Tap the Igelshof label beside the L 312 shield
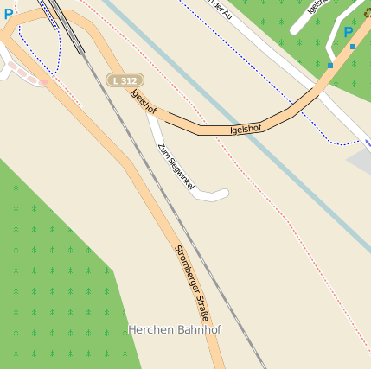point(144,104)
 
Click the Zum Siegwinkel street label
point(176,166)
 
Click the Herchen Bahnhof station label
point(175,330)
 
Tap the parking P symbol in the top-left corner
point(9,14)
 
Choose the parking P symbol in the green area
point(349,33)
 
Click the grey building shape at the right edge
point(361,161)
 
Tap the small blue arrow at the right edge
point(368,143)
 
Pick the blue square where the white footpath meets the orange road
point(329,65)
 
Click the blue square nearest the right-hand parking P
point(353,47)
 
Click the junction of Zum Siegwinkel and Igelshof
point(152,116)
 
